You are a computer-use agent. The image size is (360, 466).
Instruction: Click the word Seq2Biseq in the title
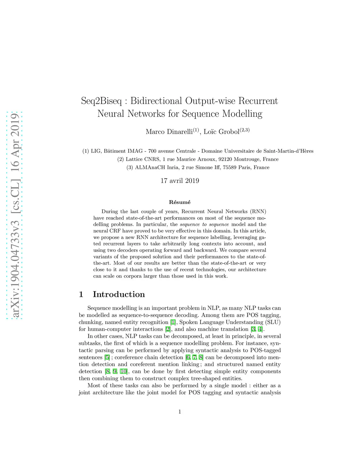tap(101, 101)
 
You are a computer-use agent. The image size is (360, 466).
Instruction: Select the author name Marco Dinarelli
tap(169, 132)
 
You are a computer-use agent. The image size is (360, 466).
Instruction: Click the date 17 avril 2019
tap(180, 181)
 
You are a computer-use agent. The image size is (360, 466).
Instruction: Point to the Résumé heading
tap(180, 202)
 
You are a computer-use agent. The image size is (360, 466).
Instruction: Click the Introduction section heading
tap(119, 294)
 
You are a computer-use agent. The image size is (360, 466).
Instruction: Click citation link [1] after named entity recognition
tap(173, 322)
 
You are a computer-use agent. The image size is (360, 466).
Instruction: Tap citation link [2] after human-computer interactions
tap(168, 329)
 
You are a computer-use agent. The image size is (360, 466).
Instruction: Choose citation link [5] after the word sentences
tap(107, 357)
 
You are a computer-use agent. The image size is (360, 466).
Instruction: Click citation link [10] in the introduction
tap(124, 371)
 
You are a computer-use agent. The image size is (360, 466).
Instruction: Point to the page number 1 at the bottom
tap(180, 412)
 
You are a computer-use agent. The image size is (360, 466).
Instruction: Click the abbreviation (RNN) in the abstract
tap(258, 211)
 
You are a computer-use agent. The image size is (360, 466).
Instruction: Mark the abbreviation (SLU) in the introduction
tap(273, 322)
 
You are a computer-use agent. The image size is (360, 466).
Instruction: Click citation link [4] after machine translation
tap(260, 329)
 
